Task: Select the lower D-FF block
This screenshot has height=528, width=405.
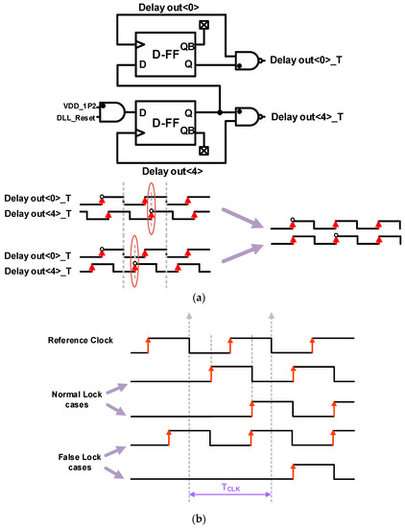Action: coord(173,119)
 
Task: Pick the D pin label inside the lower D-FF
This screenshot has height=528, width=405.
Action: coord(149,111)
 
